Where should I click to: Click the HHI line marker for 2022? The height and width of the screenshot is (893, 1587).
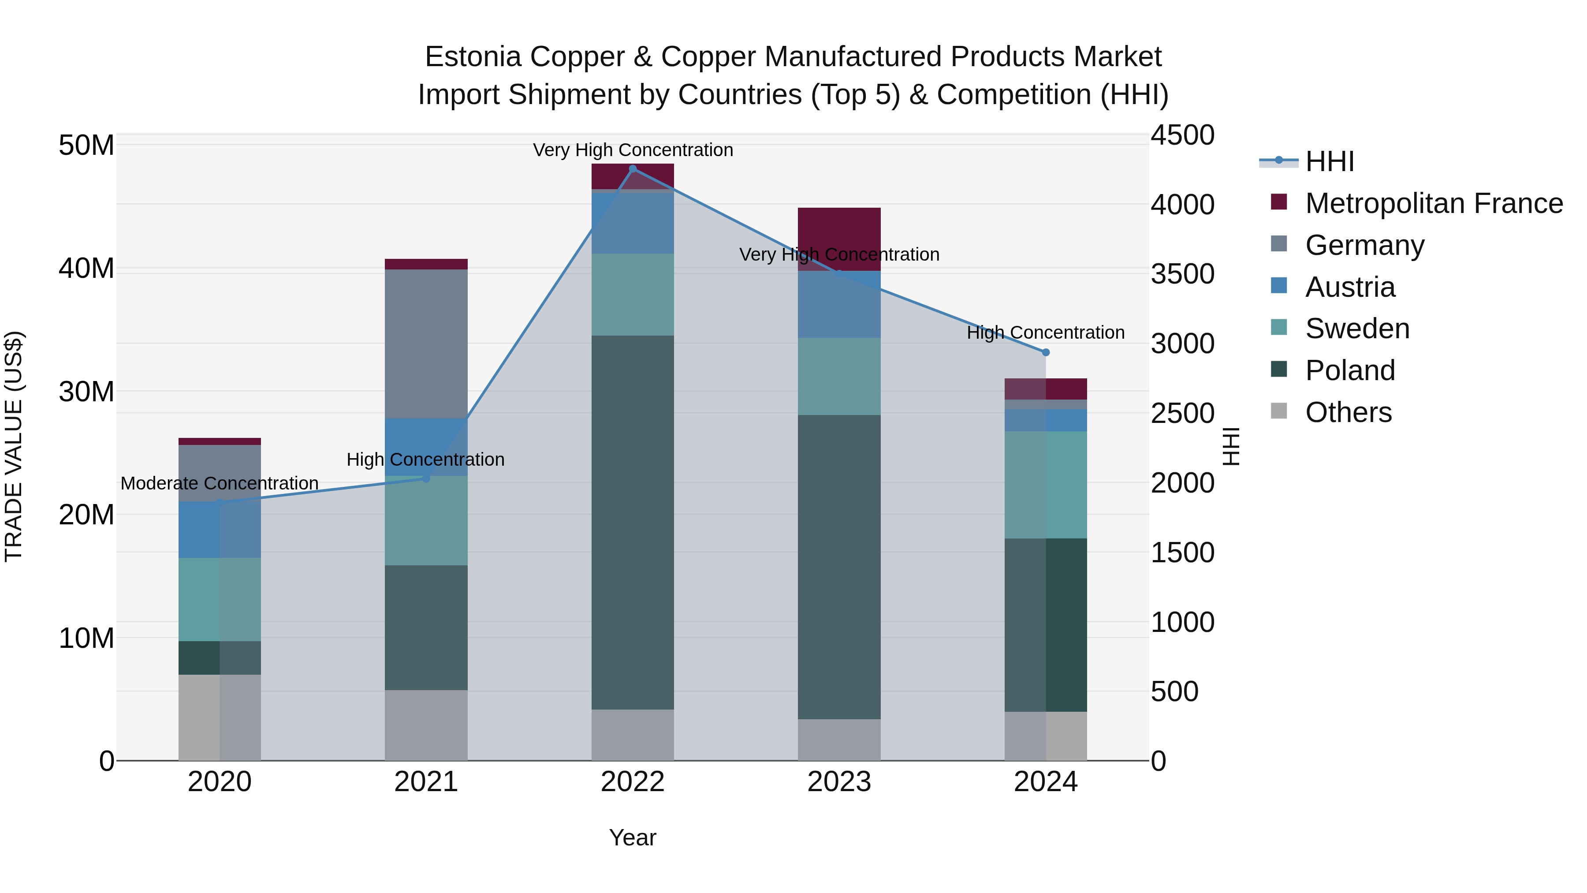[632, 168]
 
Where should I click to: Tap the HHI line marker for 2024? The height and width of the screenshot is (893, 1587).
[1046, 352]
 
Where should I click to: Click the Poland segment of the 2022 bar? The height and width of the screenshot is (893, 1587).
[632, 522]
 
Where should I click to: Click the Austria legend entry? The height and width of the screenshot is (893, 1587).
[1349, 287]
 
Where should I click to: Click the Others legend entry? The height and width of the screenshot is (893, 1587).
[1348, 412]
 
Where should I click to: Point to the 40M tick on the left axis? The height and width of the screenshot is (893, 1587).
[86, 269]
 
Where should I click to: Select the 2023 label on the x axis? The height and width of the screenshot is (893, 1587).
[839, 782]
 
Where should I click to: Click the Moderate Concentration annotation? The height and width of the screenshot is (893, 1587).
[220, 483]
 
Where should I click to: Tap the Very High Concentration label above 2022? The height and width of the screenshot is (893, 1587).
[633, 150]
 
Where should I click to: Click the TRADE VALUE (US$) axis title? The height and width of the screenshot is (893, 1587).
[14, 446]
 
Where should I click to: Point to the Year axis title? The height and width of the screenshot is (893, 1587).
[632, 837]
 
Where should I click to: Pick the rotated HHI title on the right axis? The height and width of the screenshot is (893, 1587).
[1231, 446]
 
